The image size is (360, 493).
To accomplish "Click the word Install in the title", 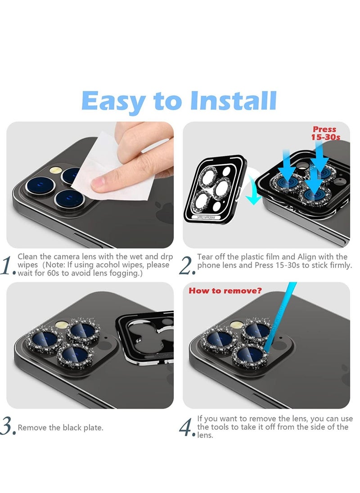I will point(233,101).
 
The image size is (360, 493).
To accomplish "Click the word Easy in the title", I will point(113,102).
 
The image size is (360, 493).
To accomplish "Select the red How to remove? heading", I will point(225,291).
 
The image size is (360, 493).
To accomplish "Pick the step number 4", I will point(187,426).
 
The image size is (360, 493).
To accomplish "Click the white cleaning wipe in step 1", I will point(112,171).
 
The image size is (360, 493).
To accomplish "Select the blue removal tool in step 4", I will point(279,319).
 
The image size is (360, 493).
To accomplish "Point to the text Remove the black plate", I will point(60,427).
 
